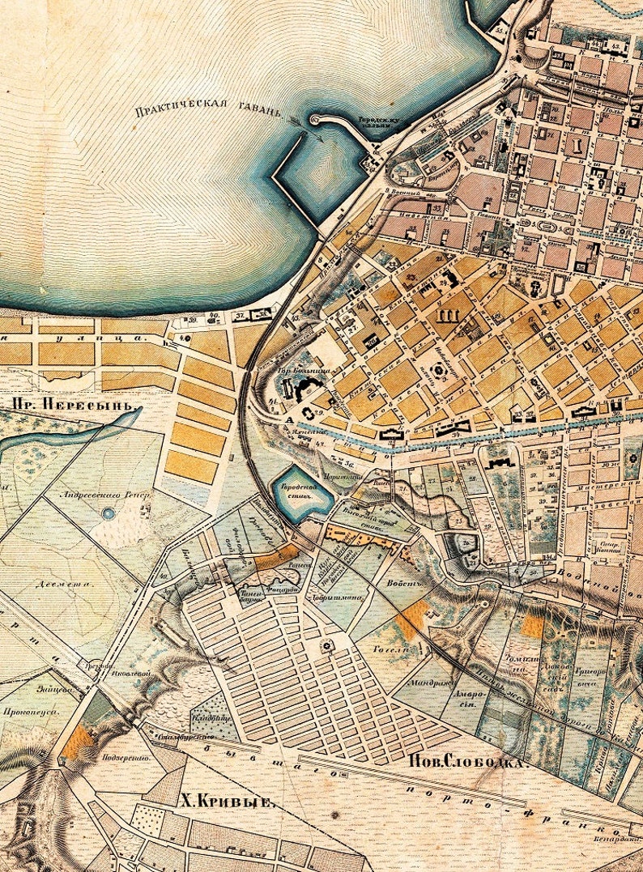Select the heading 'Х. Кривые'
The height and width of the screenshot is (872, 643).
pyautogui.click(x=225, y=801)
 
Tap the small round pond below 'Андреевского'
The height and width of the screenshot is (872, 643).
pyautogui.click(x=108, y=513)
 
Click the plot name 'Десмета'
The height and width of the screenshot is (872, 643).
pyautogui.click(x=53, y=582)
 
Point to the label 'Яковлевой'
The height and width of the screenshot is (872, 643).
pyautogui.click(x=117, y=670)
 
